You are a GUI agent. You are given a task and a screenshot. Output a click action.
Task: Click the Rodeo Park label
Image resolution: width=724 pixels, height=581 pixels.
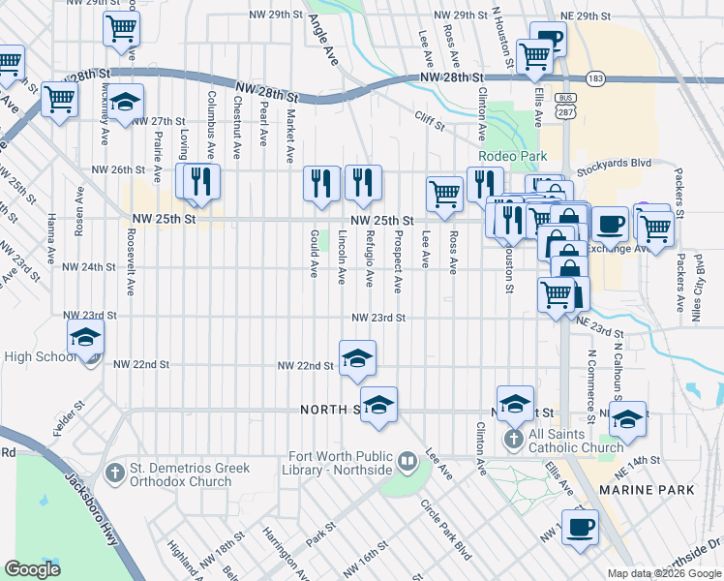coord(512,156)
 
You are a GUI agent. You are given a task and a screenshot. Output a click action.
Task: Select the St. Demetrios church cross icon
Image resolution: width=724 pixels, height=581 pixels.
coord(115,473)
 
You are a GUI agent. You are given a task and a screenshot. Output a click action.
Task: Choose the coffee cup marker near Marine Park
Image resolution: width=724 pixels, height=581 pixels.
coord(580,528)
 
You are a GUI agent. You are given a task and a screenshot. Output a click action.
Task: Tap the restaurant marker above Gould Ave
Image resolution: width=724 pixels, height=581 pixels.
coord(321,182)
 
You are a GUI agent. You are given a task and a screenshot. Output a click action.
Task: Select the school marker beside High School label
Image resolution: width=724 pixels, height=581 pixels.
coord(85,337)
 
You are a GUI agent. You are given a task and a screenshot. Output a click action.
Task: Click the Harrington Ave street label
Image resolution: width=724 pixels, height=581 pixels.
coord(282,550)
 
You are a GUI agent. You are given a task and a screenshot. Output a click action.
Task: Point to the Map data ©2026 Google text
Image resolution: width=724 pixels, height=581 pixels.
coord(664,573)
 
